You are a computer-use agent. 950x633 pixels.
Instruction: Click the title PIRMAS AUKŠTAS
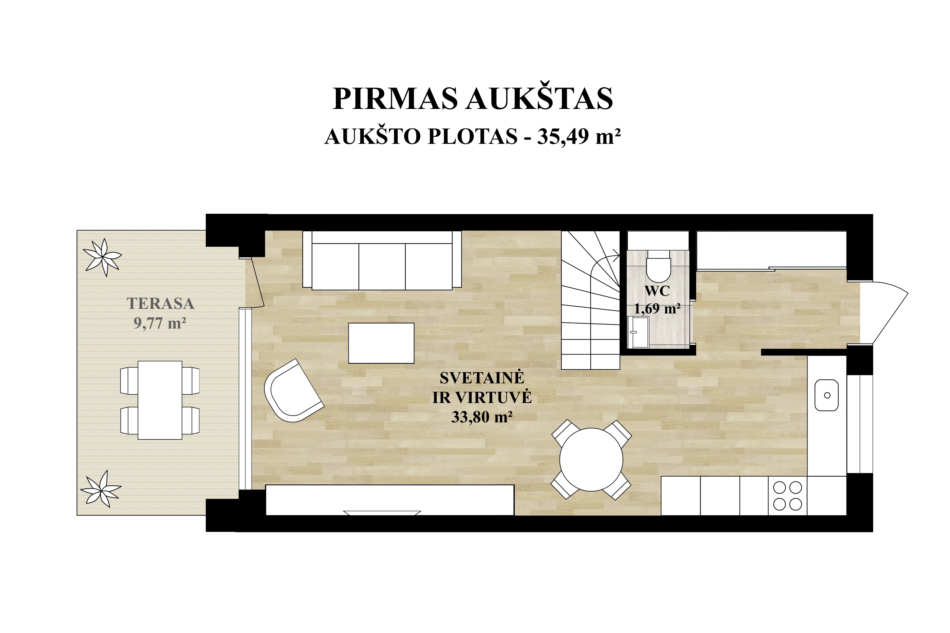coord(473,98)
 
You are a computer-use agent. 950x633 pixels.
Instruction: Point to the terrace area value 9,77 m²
coord(160,323)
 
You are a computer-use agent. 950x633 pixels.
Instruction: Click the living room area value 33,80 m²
coord(482,417)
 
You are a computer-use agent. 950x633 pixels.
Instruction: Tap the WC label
coord(657,291)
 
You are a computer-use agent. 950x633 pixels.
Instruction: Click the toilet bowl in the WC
coord(658,266)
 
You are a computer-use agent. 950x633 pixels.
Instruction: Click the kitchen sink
coord(827,395)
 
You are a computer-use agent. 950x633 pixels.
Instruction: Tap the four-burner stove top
coord(787,496)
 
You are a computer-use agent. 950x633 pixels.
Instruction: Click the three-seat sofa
coord(382,260)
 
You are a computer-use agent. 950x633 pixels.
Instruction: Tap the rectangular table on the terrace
coord(160,400)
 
